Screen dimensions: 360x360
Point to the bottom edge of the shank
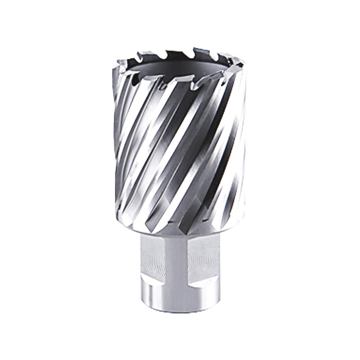(178, 310)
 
